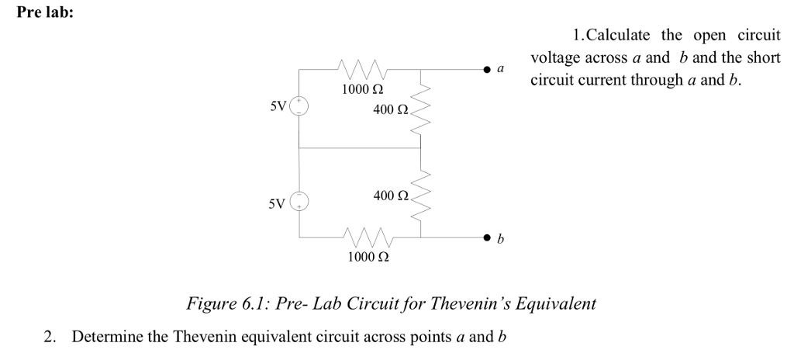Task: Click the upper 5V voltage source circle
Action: pyautogui.click(x=299, y=106)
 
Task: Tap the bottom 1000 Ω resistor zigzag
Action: pyautogui.click(x=369, y=234)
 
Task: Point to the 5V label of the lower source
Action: pyautogui.click(x=277, y=205)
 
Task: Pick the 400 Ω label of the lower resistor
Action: pyautogui.click(x=390, y=196)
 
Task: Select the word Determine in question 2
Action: pyautogui.click(x=119, y=337)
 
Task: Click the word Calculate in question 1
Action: pyautogui.click(x=619, y=35)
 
